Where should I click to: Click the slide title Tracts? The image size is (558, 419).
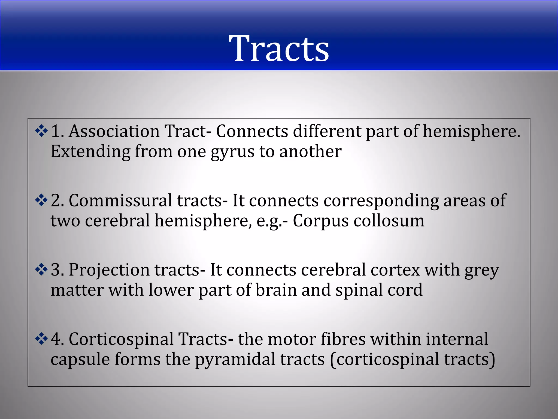279,49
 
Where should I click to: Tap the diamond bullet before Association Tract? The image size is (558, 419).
41,131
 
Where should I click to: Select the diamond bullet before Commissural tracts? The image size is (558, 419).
41,200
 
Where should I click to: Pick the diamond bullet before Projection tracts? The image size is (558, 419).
41,270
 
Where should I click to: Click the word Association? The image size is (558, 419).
114,131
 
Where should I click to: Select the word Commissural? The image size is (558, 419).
120,200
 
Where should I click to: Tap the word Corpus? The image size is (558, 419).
320,221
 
